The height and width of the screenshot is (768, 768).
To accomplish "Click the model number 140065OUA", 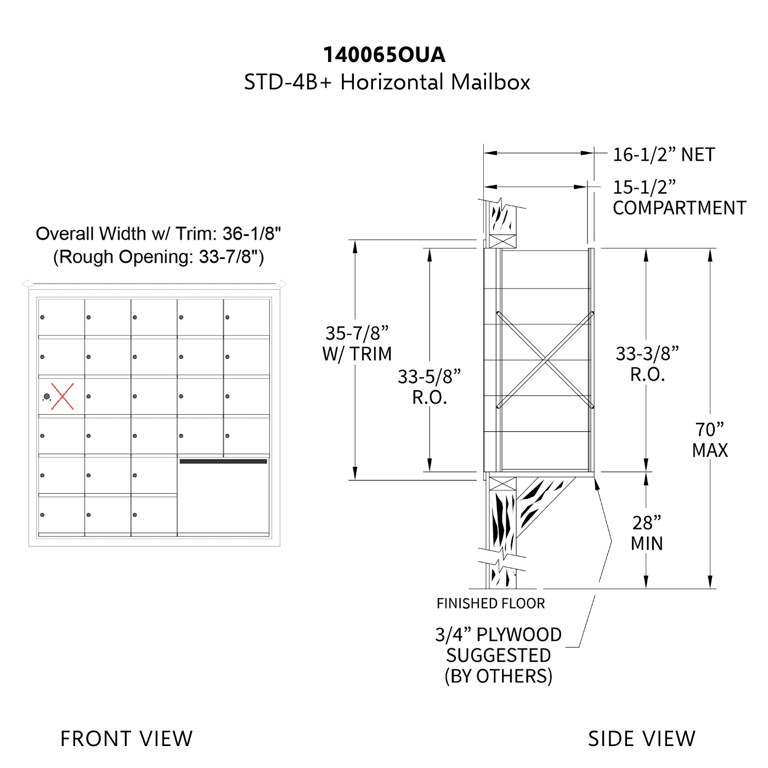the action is [x=384, y=55].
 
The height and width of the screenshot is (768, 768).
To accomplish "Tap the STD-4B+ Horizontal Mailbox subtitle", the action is [x=387, y=82].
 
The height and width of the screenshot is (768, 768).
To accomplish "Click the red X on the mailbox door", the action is [x=62, y=396].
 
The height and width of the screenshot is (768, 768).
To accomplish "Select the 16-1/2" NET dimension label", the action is [x=664, y=155].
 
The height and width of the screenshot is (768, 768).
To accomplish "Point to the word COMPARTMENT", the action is [x=680, y=208].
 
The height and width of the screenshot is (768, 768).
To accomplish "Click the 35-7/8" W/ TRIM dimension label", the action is [x=357, y=343].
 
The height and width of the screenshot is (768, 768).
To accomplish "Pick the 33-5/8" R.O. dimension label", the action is [x=429, y=387].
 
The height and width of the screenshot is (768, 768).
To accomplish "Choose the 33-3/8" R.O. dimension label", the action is [x=647, y=364].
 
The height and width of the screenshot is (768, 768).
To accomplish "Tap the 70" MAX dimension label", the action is [x=710, y=439].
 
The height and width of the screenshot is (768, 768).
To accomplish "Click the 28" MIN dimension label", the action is [x=646, y=533].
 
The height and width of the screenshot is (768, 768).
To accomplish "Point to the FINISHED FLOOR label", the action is [x=490, y=603].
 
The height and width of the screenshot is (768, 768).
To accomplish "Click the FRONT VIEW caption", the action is [x=126, y=738].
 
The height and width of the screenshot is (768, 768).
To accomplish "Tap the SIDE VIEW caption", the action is [x=642, y=738].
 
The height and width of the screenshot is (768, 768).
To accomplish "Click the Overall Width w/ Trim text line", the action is [x=158, y=234].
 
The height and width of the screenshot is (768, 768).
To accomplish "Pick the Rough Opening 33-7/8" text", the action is [x=158, y=257].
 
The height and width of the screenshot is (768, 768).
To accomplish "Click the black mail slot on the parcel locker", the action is [x=223, y=461].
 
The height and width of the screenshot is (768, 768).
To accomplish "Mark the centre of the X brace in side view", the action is [x=545, y=360].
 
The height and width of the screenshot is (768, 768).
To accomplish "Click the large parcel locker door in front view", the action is [x=223, y=494].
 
